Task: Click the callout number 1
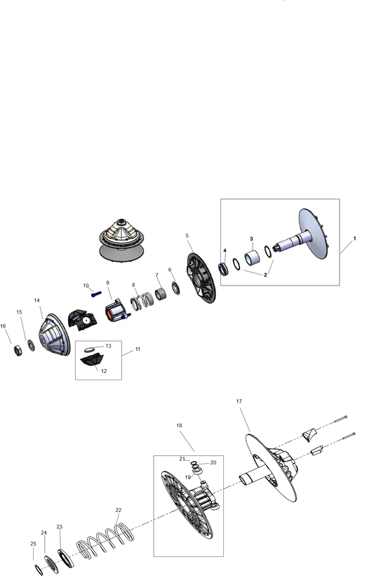tap(354, 239)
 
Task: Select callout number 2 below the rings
tap(246, 276)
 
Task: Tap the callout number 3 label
tap(251, 239)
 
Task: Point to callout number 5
tap(187, 235)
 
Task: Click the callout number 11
tap(138, 349)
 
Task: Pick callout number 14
tap(36, 300)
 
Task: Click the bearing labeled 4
tap(224, 268)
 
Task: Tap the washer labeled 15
tap(31, 345)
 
